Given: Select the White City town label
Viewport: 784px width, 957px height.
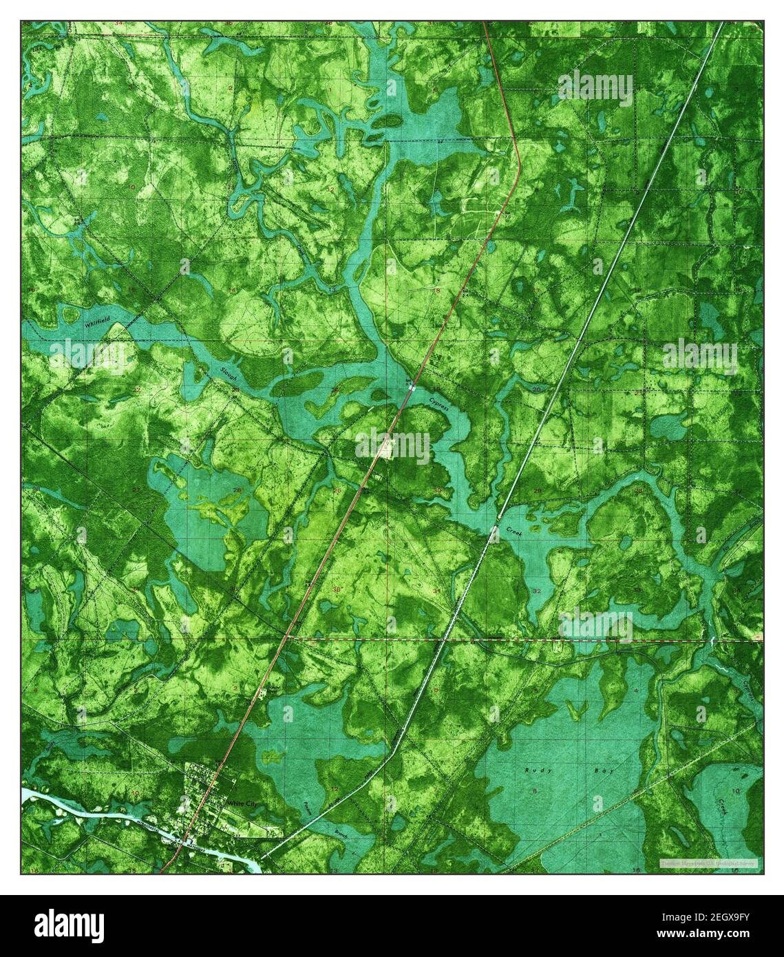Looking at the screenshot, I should click(241, 803).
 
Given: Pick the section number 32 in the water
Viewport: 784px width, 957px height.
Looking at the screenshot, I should click(536, 591).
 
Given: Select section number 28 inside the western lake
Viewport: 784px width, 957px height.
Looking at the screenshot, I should click(237, 490).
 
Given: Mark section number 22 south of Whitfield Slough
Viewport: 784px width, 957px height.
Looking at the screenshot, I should click(137, 390).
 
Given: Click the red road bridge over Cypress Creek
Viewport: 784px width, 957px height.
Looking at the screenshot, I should click(411, 388).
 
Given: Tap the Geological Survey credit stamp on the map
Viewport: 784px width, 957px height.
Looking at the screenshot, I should click(708, 862).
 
